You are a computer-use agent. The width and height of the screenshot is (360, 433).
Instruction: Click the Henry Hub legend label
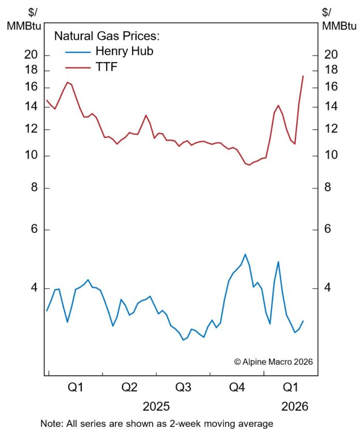(125, 51)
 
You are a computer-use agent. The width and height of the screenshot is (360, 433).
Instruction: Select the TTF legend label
(107, 66)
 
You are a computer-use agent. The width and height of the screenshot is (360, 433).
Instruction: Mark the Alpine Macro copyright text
(274, 362)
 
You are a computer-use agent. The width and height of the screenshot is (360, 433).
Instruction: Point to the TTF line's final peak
(303, 76)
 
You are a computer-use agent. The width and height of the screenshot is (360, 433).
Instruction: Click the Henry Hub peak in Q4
(245, 254)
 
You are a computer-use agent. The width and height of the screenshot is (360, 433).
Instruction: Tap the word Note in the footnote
(51, 423)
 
